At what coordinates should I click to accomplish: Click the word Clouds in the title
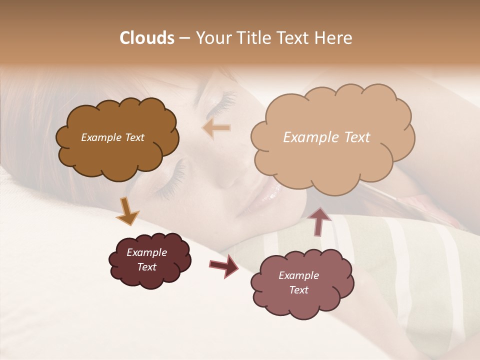(x=147, y=38)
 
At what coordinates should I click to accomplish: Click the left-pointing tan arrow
(x=217, y=128)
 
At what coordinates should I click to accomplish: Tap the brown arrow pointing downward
(x=127, y=210)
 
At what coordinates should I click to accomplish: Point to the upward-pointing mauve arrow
(x=319, y=221)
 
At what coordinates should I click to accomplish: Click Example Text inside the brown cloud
(x=112, y=137)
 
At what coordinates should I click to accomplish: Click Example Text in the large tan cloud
(x=326, y=137)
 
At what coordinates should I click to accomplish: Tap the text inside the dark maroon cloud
(x=147, y=259)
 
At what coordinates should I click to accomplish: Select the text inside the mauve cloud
(x=298, y=282)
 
